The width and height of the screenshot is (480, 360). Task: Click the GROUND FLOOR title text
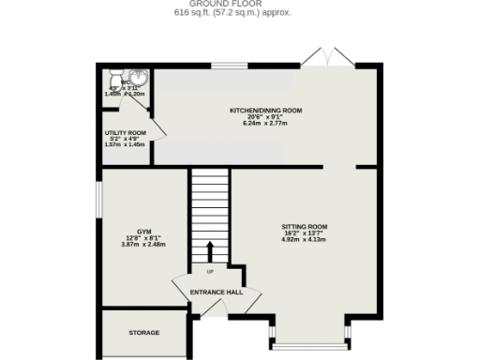239,4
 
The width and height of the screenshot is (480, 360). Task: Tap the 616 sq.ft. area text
239,14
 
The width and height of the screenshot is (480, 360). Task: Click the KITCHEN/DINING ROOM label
266,111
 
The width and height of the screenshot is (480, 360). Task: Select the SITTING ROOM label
304,226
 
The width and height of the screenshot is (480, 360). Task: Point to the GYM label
143,231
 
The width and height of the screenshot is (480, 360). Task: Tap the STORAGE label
144,333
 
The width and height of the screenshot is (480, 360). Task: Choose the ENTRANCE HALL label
217,292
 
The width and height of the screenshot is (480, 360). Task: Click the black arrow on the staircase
209,249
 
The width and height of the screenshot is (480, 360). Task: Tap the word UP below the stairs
210,272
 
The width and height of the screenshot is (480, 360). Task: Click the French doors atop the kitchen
333,57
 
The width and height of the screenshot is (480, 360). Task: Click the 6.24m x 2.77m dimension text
266,124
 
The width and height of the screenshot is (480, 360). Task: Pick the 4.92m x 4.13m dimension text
304,239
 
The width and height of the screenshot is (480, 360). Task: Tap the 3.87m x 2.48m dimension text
143,245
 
